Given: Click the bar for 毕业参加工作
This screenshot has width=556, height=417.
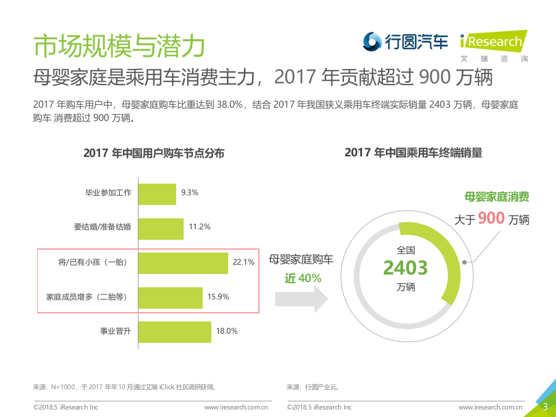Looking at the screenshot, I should [x=157, y=194].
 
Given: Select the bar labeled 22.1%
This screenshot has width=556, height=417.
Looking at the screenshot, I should [x=183, y=262].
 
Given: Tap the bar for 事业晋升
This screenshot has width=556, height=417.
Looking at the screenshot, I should [x=174, y=331].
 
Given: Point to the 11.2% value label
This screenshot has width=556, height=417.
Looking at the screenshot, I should [x=199, y=227].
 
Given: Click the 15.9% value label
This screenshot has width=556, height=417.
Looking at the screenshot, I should [x=218, y=297].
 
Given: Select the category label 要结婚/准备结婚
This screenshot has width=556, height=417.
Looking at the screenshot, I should [x=103, y=228].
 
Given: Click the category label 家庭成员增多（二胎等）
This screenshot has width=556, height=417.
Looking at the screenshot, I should [x=86, y=297].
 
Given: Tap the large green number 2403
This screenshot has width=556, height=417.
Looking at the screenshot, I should [x=405, y=268].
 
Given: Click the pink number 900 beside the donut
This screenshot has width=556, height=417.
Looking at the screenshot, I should [x=491, y=218].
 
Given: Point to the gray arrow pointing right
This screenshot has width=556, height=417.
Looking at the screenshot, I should [x=301, y=298].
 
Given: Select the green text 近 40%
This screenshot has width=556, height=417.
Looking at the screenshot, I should [x=302, y=278].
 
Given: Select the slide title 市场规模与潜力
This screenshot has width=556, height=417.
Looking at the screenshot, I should [x=119, y=46].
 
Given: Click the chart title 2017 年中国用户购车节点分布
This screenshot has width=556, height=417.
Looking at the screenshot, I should [x=153, y=153].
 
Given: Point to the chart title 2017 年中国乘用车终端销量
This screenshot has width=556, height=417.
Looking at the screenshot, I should [x=413, y=153].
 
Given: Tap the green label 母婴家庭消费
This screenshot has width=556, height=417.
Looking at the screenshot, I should [x=496, y=197].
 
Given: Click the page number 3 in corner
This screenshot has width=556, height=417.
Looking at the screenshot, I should [x=544, y=406].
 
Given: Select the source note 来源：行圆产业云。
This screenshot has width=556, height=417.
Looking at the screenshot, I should [x=313, y=387].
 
